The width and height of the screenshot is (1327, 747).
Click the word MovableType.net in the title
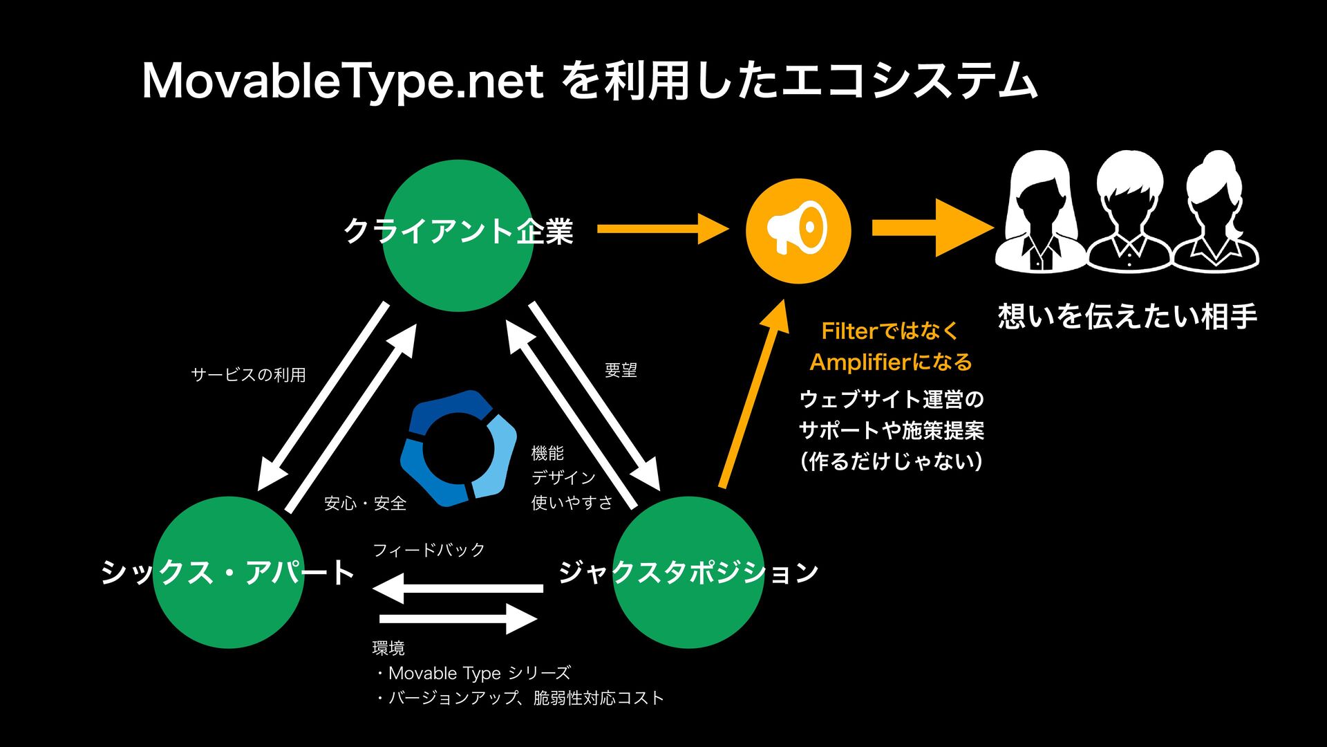click(342, 82)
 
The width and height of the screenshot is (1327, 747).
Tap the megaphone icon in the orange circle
click(798, 230)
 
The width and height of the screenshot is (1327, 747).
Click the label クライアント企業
click(458, 231)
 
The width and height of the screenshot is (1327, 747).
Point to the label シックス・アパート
click(228, 573)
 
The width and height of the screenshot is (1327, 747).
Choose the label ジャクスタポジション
click(688, 573)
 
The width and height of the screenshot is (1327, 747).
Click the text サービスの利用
click(248, 375)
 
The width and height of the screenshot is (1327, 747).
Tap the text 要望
click(621, 371)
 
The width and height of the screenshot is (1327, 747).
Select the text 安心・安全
click(365, 504)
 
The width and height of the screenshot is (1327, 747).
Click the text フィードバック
click(429, 551)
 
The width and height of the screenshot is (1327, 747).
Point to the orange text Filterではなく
click(890, 331)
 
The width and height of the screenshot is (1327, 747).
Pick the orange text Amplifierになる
click(891, 362)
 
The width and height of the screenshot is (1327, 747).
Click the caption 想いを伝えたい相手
click(1127, 317)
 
